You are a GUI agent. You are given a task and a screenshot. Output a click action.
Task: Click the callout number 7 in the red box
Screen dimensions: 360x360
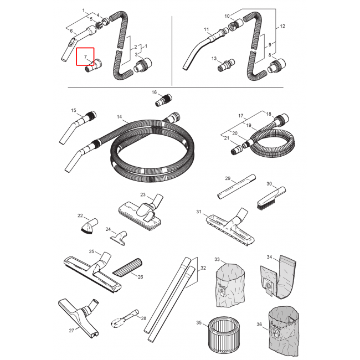[85, 57]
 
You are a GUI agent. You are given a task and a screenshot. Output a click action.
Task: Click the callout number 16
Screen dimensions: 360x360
[154, 92]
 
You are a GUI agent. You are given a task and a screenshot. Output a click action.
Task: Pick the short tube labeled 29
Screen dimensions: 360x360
[236, 188]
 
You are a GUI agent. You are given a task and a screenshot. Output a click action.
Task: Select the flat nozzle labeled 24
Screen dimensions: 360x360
[120, 238]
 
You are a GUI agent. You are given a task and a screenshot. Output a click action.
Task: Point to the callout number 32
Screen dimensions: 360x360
[203, 268]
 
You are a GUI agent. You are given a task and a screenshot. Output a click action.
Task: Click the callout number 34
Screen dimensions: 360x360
[269, 257]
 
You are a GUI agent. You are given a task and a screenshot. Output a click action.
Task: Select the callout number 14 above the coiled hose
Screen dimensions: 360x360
[119, 117]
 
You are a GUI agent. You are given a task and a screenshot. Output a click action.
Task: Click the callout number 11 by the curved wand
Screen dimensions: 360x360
[206, 29]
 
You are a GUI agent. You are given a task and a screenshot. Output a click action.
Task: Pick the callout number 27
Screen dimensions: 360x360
[71, 331]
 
